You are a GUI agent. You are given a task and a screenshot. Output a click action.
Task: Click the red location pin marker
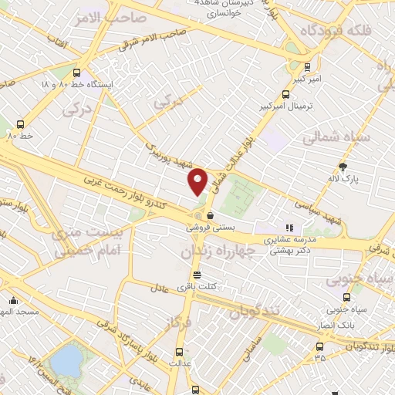198,181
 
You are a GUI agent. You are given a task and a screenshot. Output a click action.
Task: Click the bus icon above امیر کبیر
308,67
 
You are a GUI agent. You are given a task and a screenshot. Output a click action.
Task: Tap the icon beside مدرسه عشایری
290,228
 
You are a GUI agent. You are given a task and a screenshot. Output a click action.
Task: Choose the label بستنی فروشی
207,228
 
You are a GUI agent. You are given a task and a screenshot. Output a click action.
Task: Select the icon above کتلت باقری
197,275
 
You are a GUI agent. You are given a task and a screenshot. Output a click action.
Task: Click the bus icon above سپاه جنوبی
345,297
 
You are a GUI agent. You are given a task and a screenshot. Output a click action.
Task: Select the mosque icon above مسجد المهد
11,301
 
